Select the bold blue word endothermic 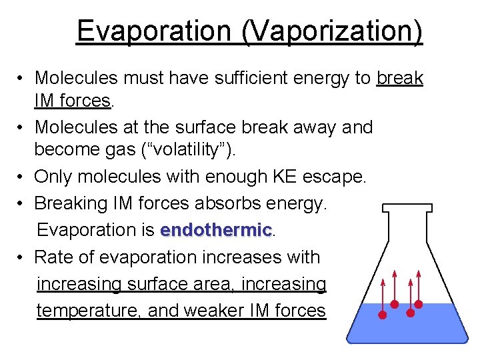[217, 230]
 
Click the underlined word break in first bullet [400, 78]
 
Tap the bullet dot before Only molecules [22, 177]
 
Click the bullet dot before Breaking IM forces [22, 203]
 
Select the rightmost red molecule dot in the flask [419, 304]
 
